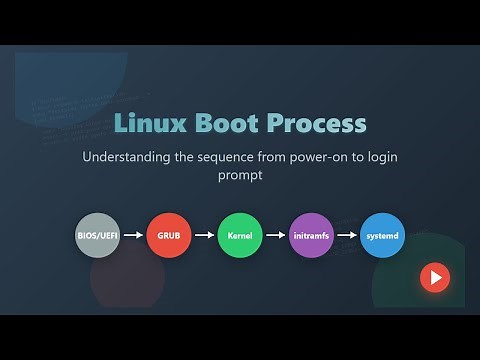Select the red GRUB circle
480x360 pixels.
click(168, 236)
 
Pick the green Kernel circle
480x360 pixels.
click(240, 236)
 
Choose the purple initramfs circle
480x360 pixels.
click(311, 236)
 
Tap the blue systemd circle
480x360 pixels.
click(382, 236)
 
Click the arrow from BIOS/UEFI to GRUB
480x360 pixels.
click(133, 236)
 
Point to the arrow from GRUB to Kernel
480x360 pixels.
click(204, 236)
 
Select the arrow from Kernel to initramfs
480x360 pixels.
click(275, 236)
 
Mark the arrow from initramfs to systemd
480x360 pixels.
click(347, 236)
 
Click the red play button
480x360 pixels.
click(434, 277)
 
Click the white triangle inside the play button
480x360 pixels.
click(435, 277)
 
